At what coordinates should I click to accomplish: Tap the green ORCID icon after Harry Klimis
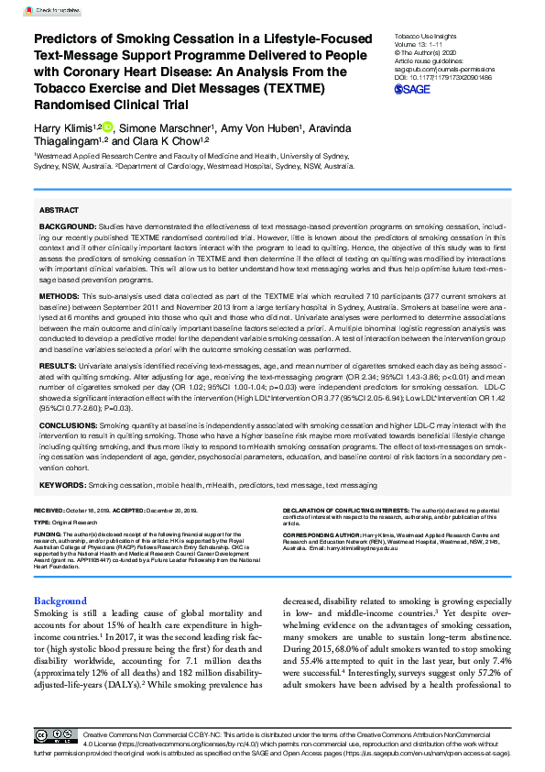[107, 127]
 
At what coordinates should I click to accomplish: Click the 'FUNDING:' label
[48, 533]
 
